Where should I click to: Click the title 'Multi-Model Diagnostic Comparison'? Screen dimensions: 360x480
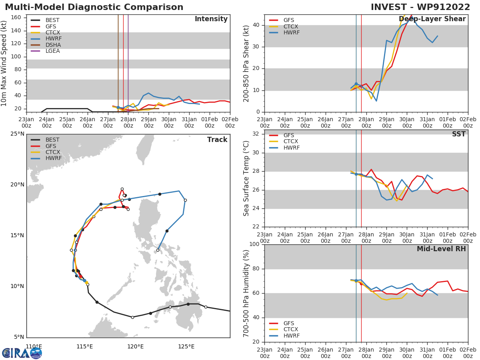[94, 7]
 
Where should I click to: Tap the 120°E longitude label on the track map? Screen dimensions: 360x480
[136, 346]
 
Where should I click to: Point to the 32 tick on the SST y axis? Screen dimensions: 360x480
[256, 134]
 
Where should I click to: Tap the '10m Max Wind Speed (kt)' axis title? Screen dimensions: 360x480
[4, 63]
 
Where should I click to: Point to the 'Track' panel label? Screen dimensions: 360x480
[217, 140]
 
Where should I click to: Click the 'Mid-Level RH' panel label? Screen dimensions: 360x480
[441, 249]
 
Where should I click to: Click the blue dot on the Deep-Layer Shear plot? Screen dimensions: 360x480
[356, 84]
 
